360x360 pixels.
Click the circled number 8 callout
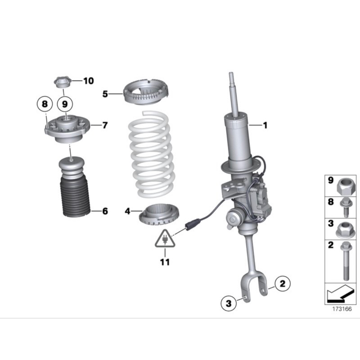click(45, 104)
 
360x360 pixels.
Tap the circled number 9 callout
click(65, 104)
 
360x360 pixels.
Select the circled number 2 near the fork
click(283, 283)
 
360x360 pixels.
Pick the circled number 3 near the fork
click(229, 303)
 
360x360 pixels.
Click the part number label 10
click(89, 81)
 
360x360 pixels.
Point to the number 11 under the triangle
click(165, 262)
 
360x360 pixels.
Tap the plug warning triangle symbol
click(165, 239)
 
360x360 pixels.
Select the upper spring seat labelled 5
click(146, 92)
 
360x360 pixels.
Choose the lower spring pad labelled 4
click(159, 215)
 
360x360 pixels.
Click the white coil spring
click(151, 154)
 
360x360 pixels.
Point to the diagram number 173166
click(342, 309)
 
